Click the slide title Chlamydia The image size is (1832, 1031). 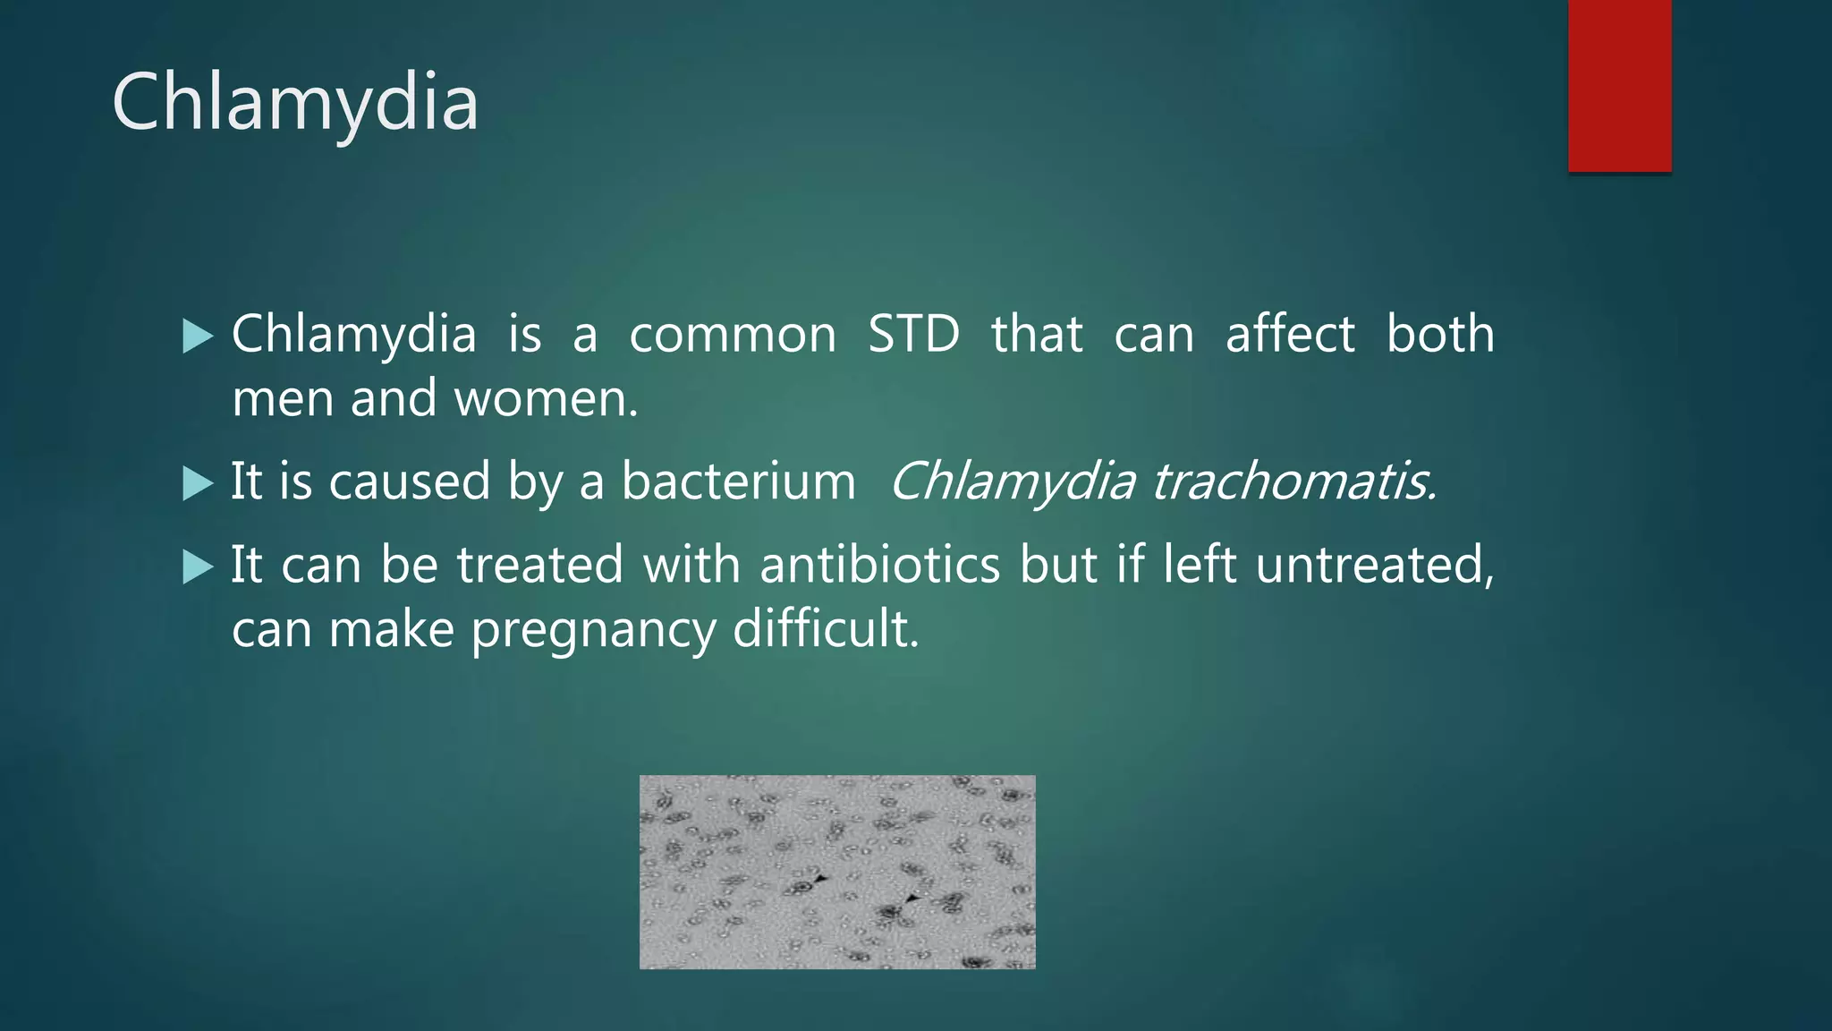click(x=295, y=103)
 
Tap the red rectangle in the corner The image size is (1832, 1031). click(x=1619, y=85)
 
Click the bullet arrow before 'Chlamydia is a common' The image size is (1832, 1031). click(x=198, y=337)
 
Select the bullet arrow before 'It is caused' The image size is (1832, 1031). click(x=198, y=483)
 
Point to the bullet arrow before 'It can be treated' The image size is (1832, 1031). click(x=198, y=567)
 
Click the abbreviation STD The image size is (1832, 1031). click(x=913, y=335)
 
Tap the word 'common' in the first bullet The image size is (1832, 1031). click(x=733, y=335)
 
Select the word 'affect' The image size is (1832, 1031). click(x=1290, y=335)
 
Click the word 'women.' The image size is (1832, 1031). click(x=547, y=399)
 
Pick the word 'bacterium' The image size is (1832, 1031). click(x=739, y=481)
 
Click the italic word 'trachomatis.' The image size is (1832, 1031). click(x=1294, y=481)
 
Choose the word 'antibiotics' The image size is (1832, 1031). click(x=880, y=566)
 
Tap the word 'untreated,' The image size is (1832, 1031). click(x=1375, y=566)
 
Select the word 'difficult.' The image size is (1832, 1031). click(x=826, y=628)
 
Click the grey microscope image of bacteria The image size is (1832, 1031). click(x=837, y=872)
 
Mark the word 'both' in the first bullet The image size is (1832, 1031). click(x=1440, y=335)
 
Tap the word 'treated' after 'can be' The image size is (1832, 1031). click(x=540, y=566)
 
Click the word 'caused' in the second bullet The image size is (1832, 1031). click(x=410, y=481)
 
